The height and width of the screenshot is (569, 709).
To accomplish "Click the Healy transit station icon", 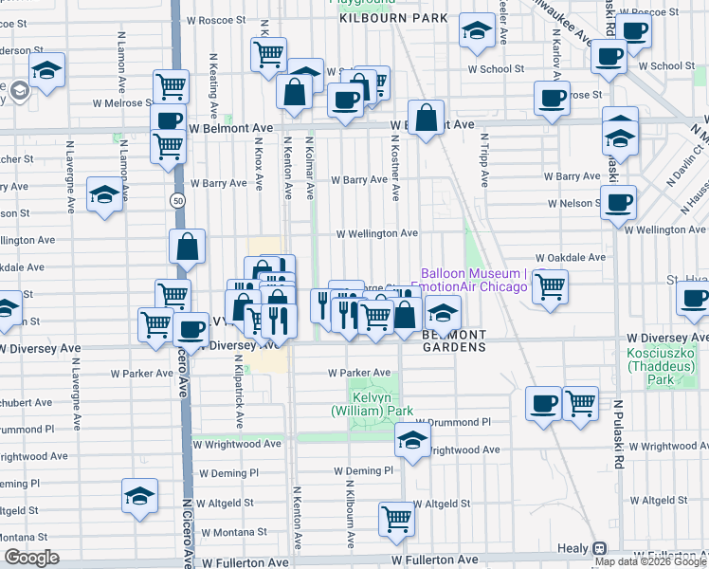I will coord(600,548).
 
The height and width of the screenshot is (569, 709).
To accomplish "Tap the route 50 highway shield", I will coord(177,200).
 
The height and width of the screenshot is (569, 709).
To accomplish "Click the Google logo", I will coord(30,558).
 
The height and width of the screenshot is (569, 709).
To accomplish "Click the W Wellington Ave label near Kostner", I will coord(377,233).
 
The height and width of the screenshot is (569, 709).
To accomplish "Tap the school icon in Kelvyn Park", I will coord(412,440).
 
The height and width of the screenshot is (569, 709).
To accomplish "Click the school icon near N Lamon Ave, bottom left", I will coord(139,495).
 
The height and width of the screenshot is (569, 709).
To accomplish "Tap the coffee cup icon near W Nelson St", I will coord(618,201).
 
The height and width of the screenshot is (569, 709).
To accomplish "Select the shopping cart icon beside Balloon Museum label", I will coord(550,285).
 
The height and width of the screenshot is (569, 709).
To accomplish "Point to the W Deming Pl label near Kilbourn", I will coord(363,470).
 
